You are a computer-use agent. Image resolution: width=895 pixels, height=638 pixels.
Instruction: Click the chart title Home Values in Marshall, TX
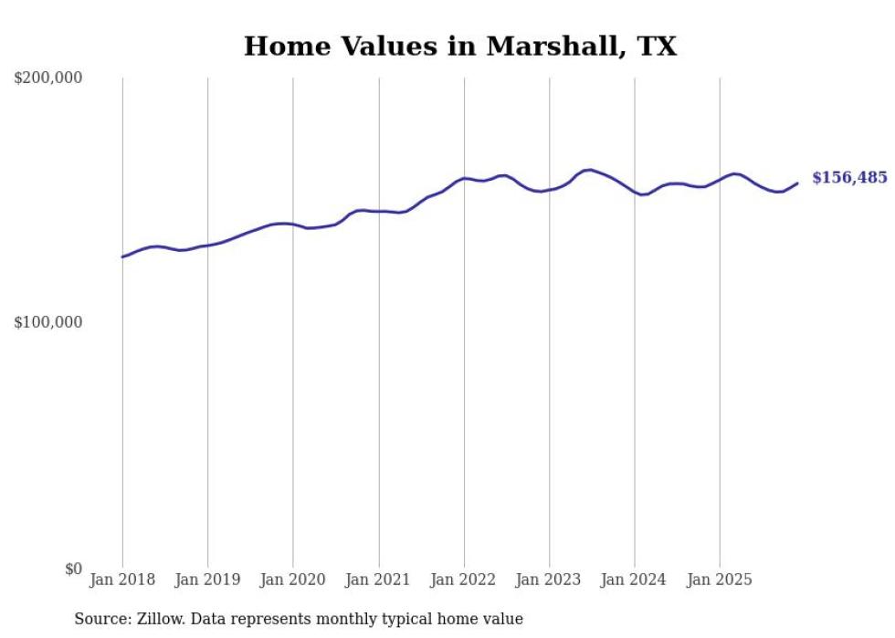click(460, 47)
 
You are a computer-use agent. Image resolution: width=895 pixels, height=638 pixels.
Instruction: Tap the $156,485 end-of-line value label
click(849, 178)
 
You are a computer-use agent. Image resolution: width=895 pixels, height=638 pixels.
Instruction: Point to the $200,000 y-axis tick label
click(48, 78)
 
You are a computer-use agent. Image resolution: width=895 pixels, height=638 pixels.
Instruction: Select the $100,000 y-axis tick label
click(48, 323)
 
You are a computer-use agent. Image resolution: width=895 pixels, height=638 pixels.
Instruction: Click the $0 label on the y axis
click(72, 569)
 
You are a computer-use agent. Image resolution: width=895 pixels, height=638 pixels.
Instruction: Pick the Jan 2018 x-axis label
click(122, 580)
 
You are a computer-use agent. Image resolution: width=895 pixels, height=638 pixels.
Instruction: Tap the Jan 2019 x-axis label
click(208, 580)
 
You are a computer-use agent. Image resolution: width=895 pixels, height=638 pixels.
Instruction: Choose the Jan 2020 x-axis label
click(293, 580)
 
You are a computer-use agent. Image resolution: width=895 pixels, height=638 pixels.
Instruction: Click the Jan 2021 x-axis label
click(379, 580)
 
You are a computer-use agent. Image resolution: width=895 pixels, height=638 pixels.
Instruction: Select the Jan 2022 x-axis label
click(464, 580)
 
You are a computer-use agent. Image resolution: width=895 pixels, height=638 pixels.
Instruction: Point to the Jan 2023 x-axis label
click(550, 580)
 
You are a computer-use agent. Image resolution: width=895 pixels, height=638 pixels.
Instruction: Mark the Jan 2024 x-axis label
click(635, 580)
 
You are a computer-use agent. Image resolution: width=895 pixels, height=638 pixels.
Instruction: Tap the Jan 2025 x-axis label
click(720, 580)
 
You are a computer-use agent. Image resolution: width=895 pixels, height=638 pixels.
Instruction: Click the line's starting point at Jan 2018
click(122, 256)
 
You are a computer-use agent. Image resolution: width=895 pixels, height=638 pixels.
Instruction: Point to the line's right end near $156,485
click(797, 183)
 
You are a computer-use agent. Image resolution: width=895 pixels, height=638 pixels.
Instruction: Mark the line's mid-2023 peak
click(589, 170)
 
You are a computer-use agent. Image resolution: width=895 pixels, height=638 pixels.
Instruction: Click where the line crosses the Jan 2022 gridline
click(464, 178)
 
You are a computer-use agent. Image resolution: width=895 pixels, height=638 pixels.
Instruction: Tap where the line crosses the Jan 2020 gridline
click(293, 224)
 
